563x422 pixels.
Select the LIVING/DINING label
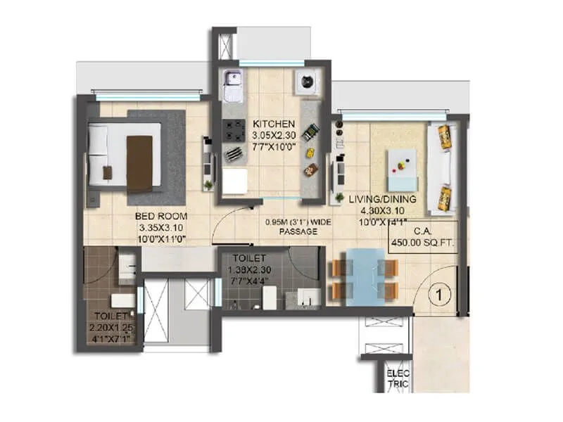click(x=382, y=199)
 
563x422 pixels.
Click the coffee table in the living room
click(x=401, y=167)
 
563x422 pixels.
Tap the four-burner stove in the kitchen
click(x=233, y=128)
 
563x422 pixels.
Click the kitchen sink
click(x=231, y=87)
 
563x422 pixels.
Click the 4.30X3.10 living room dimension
click(x=382, y=210)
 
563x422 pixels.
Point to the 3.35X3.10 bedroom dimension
click(x=161, y=229)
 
